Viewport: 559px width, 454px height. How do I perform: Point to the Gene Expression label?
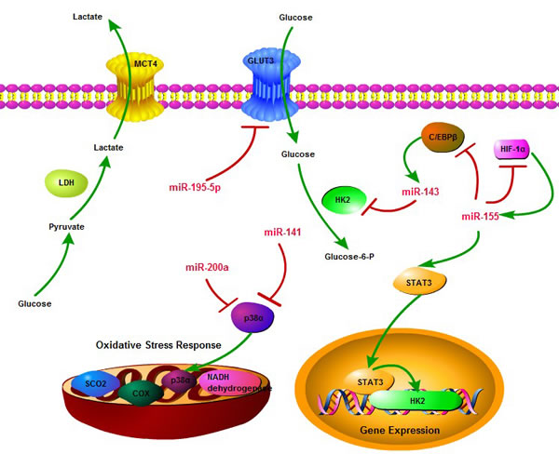(x=398, y=432)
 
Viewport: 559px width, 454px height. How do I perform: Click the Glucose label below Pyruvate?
(x=36, y=303)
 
